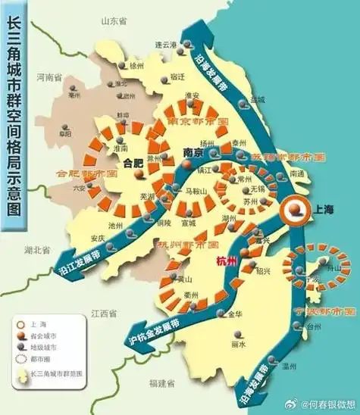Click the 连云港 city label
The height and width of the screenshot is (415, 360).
165,45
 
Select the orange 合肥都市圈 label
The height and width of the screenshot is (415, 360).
83,173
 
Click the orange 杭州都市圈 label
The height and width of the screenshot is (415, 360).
186,246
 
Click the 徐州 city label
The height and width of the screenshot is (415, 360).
136,66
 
